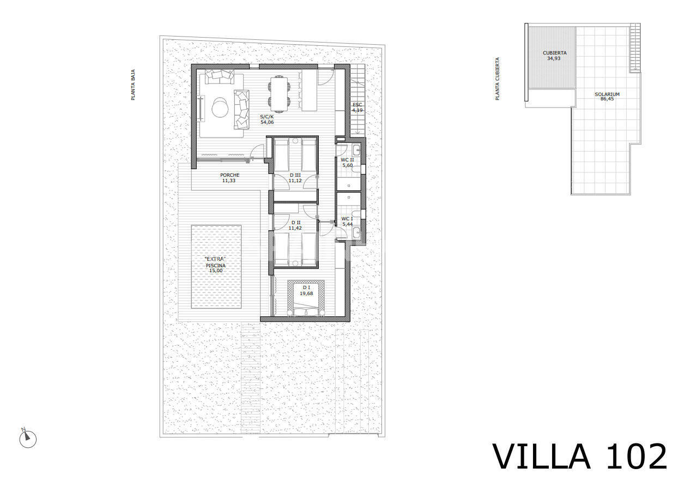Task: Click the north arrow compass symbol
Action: (x=28, y=439)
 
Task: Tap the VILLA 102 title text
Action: (x=580, y=457)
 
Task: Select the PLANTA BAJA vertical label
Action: (x=133, y=85)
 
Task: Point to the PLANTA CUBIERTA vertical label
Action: (x=497, y=79)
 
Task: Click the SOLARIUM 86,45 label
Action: (x=607, y=97)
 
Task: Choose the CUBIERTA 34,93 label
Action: (x=554, y=56)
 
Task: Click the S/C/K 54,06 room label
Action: (x=267, y=119)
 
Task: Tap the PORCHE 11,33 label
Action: (x=229, y=178)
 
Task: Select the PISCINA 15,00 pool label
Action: (x=216, y=268)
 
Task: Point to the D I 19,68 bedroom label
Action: (x=306, y=291)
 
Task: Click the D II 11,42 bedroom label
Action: (x=295, y=225)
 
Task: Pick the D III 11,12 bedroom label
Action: (x=295, y=178)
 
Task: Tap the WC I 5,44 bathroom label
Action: (x=347, y=221)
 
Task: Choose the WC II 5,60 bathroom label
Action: (x=347, y=163)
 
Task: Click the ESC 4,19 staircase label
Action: (x=357, y=107)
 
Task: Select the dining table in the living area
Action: (x=279, y=94)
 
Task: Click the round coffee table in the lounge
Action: (x=220, y=108)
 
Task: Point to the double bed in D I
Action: (x=306, y=298)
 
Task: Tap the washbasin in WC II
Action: (x=356, y=150)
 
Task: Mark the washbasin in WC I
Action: (x=356, y=231)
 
